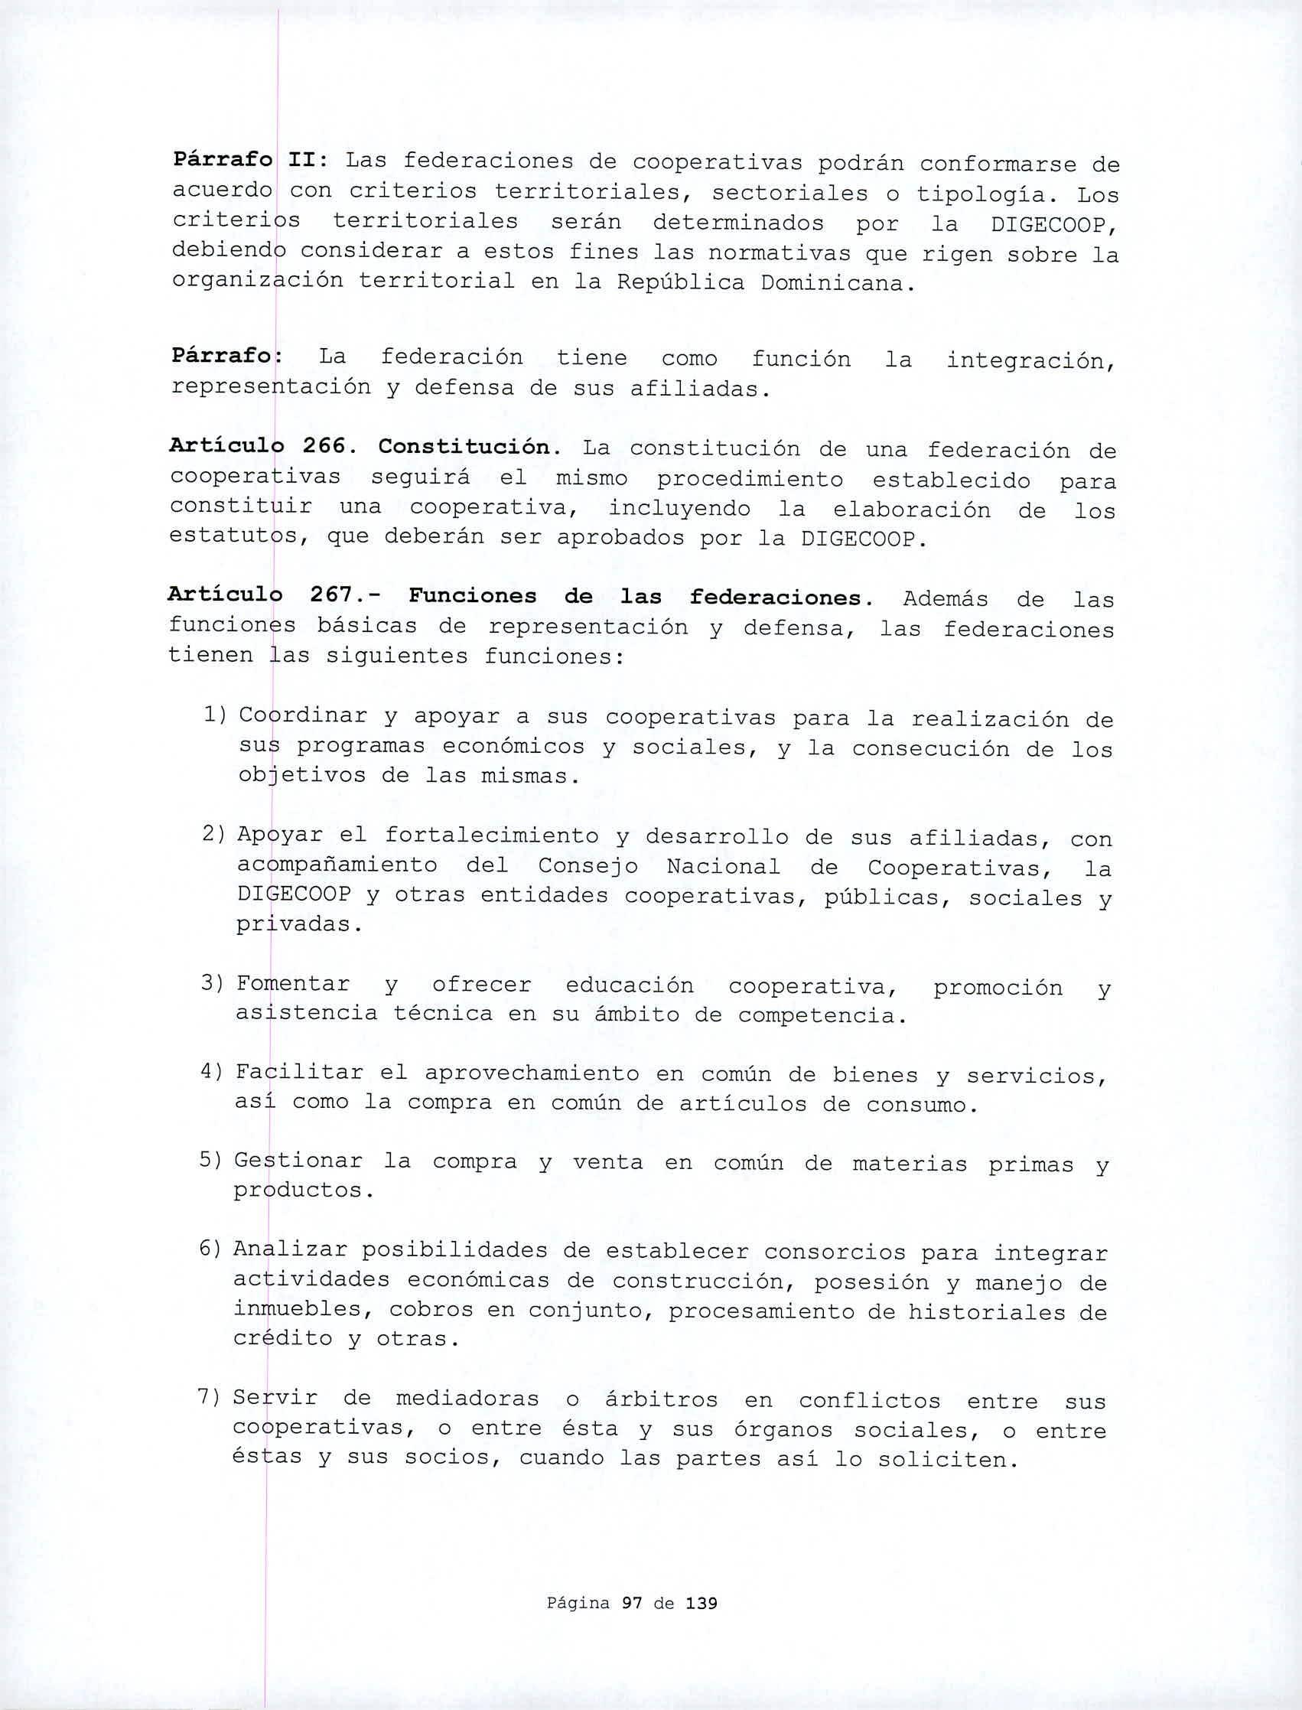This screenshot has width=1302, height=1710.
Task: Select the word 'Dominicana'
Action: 832,284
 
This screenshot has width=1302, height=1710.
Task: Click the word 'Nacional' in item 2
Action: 722,867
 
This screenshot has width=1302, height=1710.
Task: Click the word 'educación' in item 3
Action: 630,985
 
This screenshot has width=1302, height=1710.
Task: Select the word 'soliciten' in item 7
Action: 946,1460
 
